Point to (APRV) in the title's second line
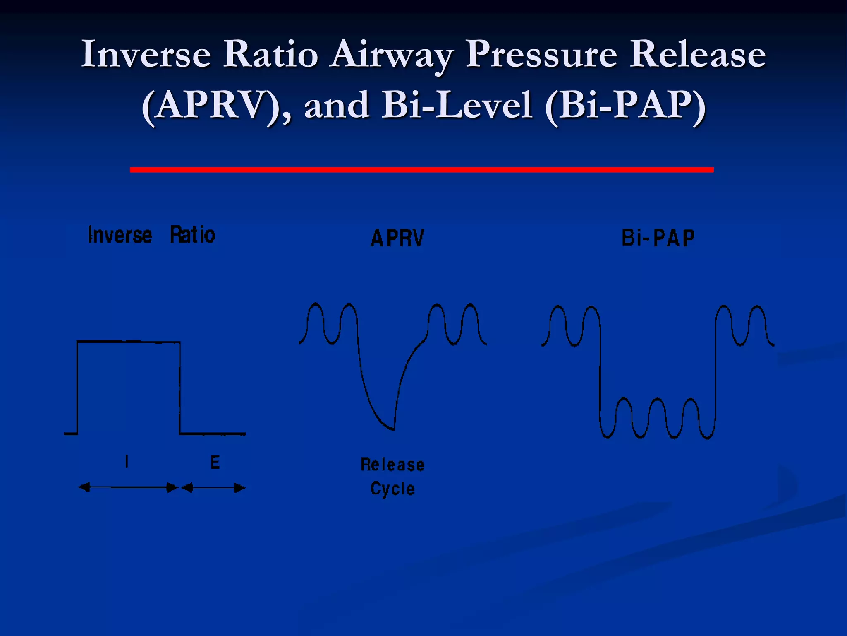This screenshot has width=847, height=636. click(x=215, y=106)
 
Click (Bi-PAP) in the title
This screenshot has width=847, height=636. click(x=624, y=106)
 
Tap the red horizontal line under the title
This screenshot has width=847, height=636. click(x=422, y=170)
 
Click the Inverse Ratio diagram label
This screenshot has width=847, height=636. click(x=151, y=235)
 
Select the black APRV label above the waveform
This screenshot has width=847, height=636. click(x=397, y=238)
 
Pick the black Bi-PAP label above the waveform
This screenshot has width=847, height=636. click(x=658, y=238)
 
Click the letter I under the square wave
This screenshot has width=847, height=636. click(x=127, y=461)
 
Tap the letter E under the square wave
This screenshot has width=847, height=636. click(x=215, y=462)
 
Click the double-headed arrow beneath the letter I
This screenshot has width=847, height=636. click(x=129, y=487)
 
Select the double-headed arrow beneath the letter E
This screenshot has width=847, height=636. click(x=213, y=488)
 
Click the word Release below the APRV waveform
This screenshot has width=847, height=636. click(x=392, y=465)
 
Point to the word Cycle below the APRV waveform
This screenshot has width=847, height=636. click(x=392, y=489)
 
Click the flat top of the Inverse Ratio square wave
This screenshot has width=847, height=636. click(x=129, y=342)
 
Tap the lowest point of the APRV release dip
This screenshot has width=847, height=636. click(x=391, y=428)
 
